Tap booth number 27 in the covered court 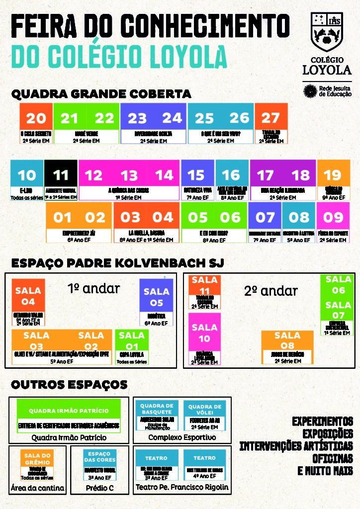click(x=271, y=118)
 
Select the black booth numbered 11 click(x=61, y=175)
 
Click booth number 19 click(x=333, y=175)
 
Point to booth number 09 click(x=333, y=217)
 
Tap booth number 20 click(x=36, y=118)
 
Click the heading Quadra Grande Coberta click(x=101, y=94)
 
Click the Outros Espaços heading click(x=69, y=385)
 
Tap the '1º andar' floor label click(x=93, y=288)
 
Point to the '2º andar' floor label click(x=271, y=291)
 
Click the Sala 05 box click(x=156, y=297)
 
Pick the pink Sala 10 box click(x=204, y=333)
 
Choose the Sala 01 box click(x=131, y=341)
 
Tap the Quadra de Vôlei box click(x=205, y=411)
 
